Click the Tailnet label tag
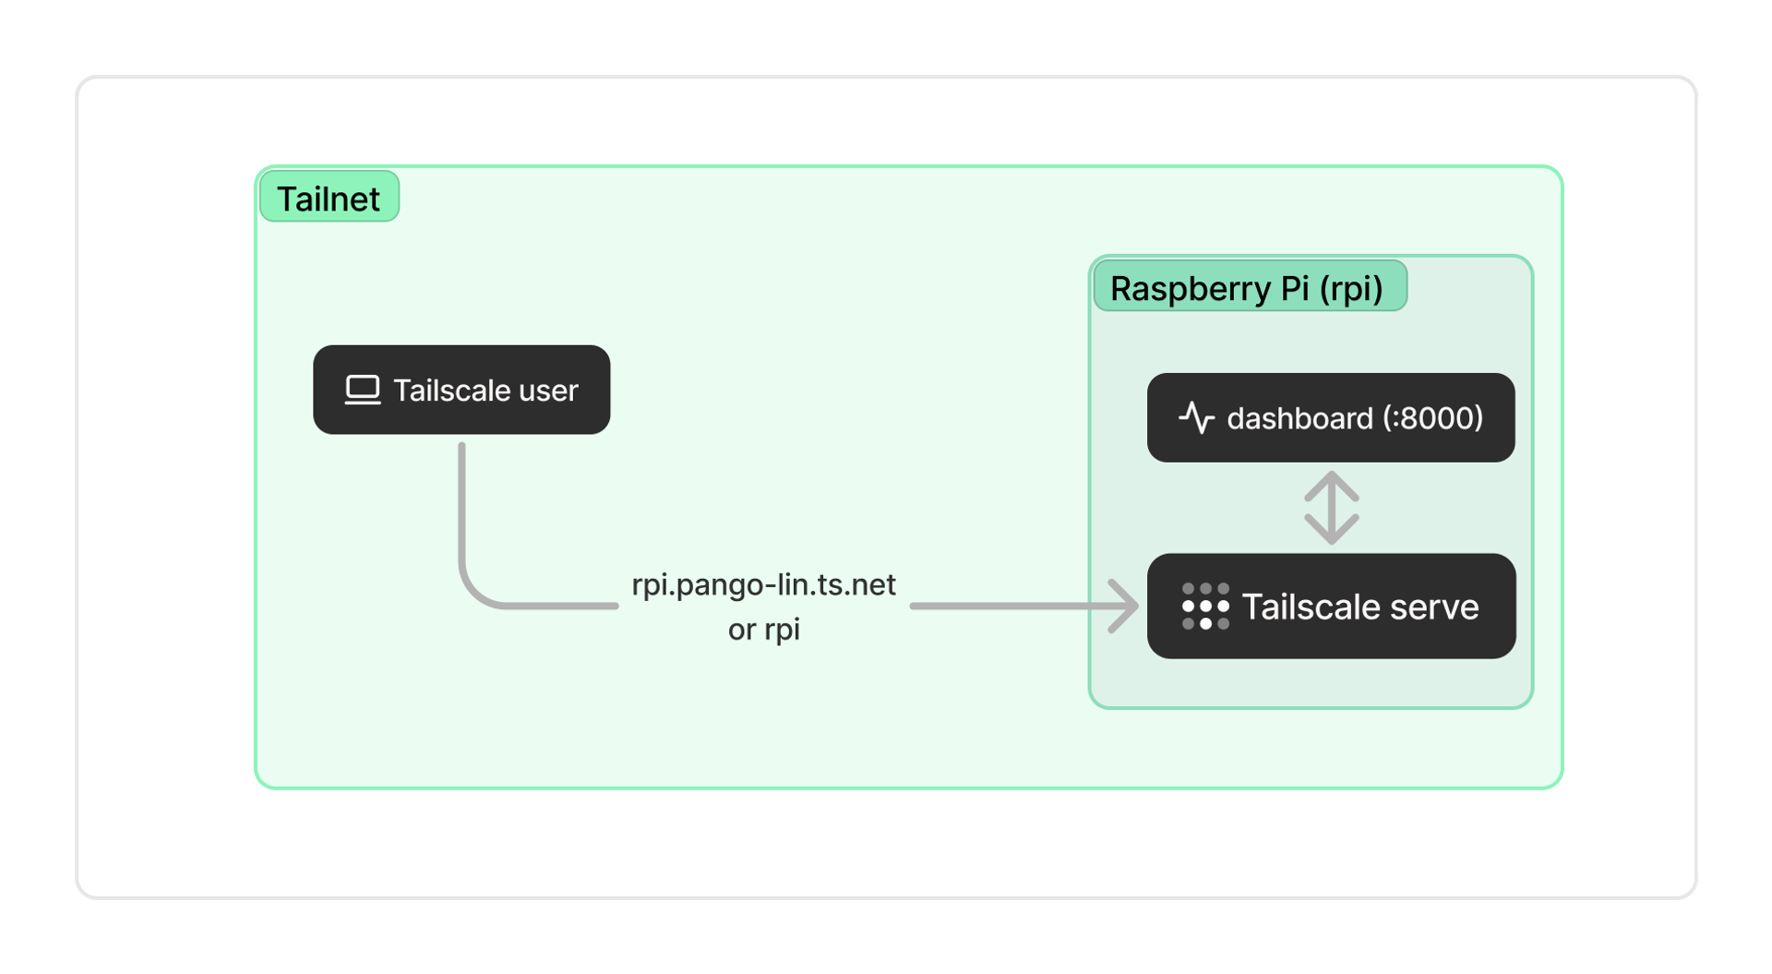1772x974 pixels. coord(329,197)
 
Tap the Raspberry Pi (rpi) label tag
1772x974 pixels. coord(1249,287)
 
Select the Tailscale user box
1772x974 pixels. coord(461,390)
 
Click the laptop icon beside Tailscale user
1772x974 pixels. coord(362,390)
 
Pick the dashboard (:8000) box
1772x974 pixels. coord(1330,417)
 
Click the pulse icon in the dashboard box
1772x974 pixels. coord(1196,417)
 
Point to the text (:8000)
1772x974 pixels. coord(1432,417)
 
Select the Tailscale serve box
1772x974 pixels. coord(1330,606)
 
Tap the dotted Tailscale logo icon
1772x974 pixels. coord(1205,606)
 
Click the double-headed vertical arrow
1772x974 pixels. coord(1331,508)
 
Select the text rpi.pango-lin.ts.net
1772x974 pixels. coord(763,584)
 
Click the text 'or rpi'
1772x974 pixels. coord(763,630)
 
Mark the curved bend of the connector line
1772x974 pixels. coord(475,591)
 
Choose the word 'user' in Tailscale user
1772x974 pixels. coord(548,391)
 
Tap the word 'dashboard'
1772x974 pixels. coord(1299,418)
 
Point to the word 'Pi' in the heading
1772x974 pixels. coord(1294,288)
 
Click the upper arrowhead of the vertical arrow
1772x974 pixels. coord(1331,482)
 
